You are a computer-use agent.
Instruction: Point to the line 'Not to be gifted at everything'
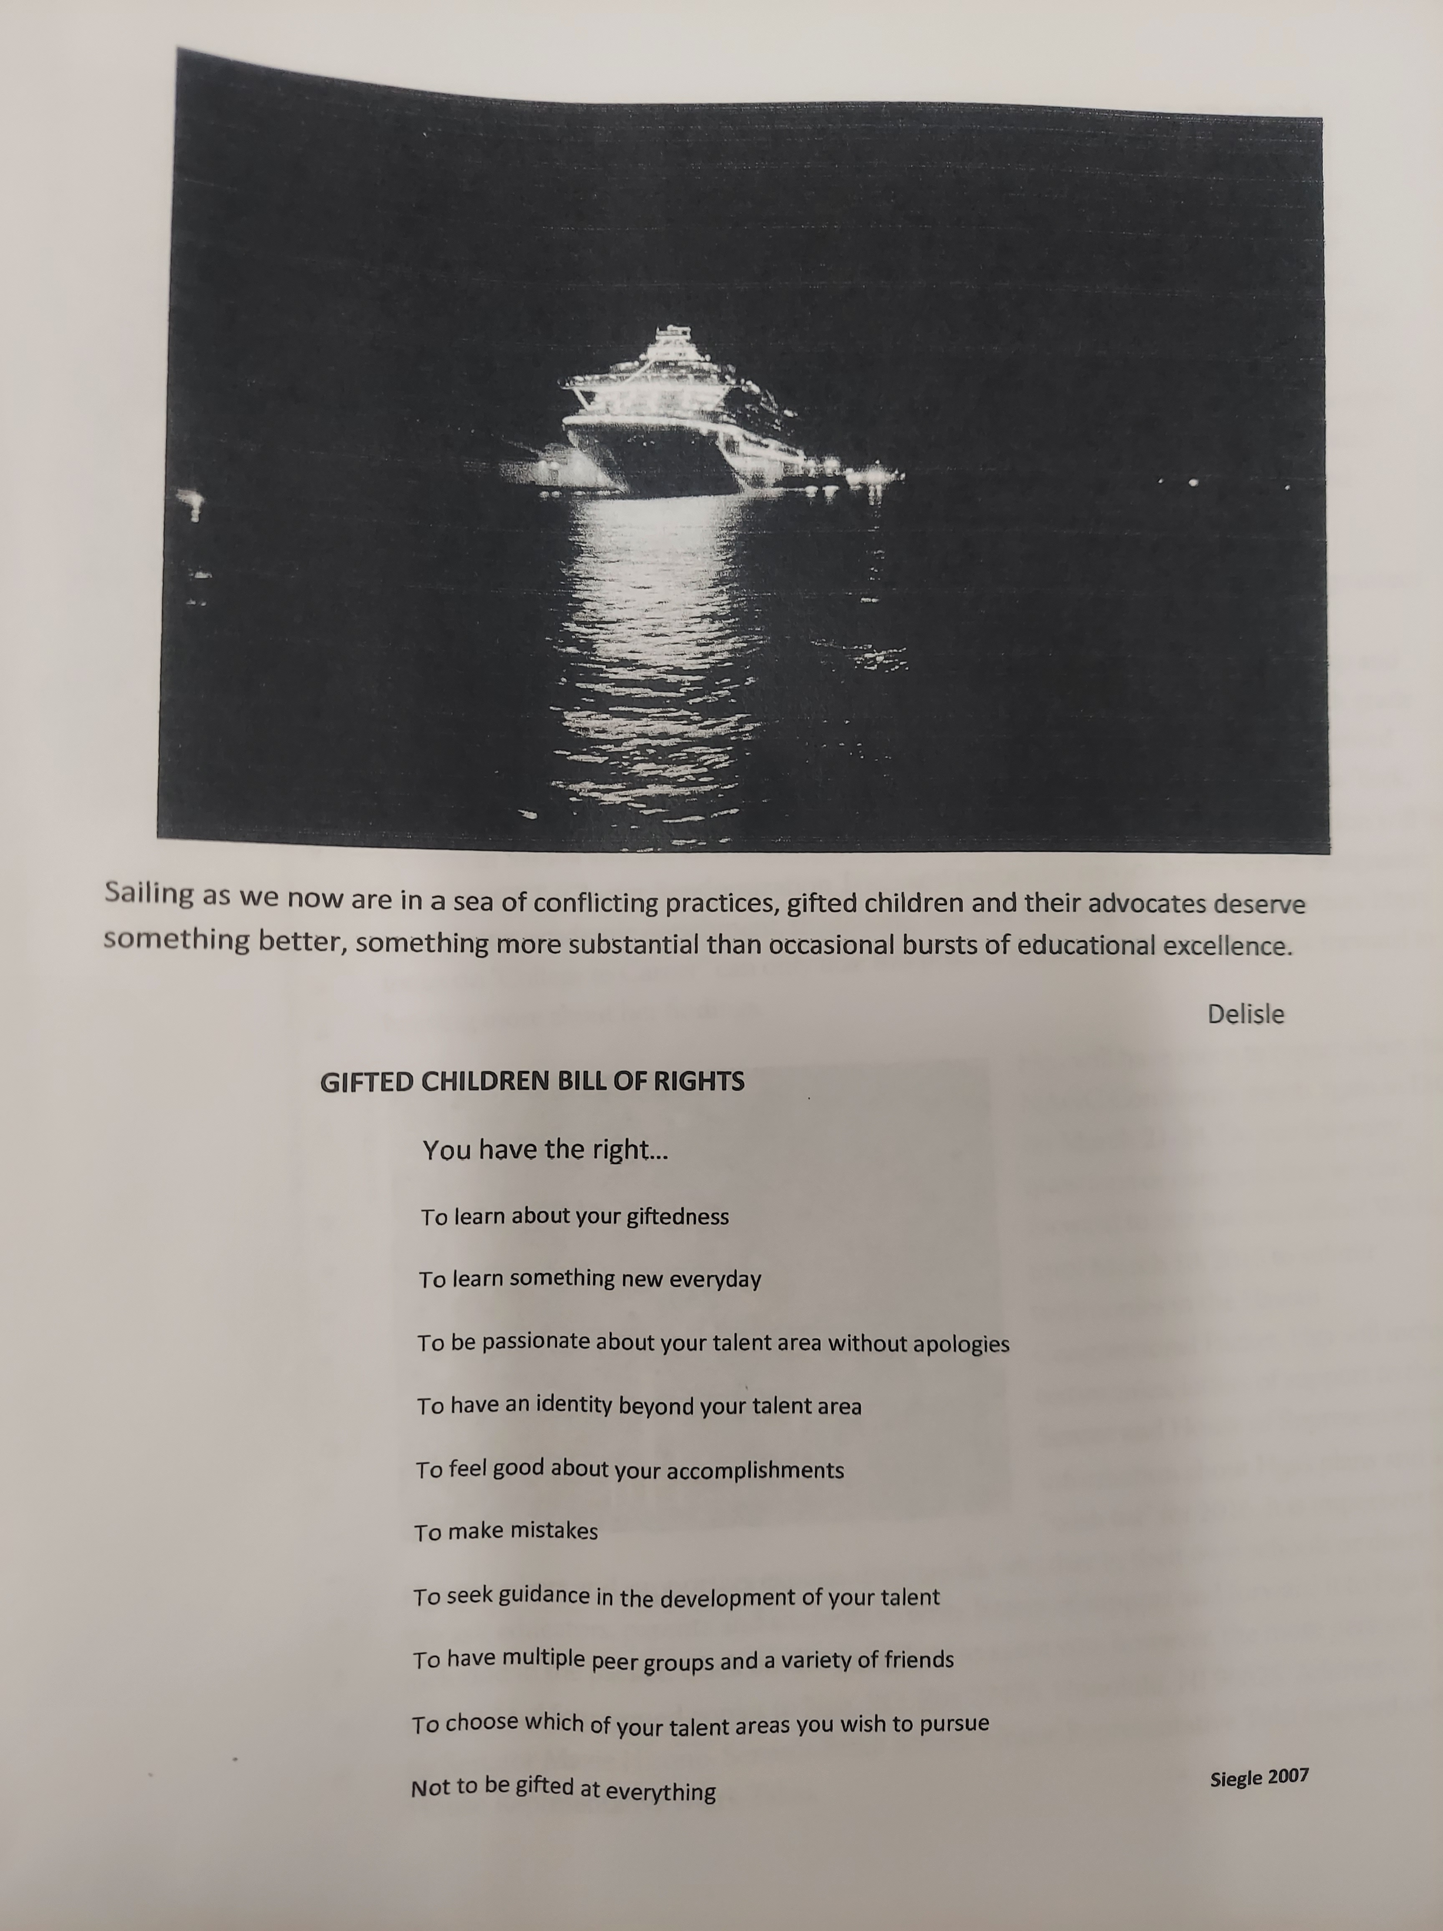563,1789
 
